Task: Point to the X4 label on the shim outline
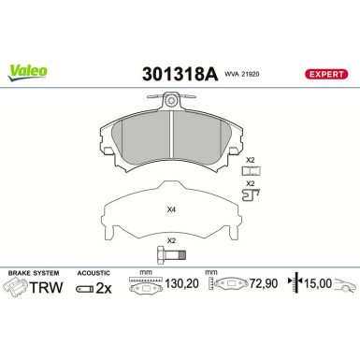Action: click(171, 209)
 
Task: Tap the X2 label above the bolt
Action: click(171, 240)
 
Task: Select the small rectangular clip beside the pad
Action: click(250, 170)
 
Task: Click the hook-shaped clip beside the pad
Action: click(252, 194)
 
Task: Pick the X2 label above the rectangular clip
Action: click(250, 160)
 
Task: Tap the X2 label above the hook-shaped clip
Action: click(250, 183)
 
